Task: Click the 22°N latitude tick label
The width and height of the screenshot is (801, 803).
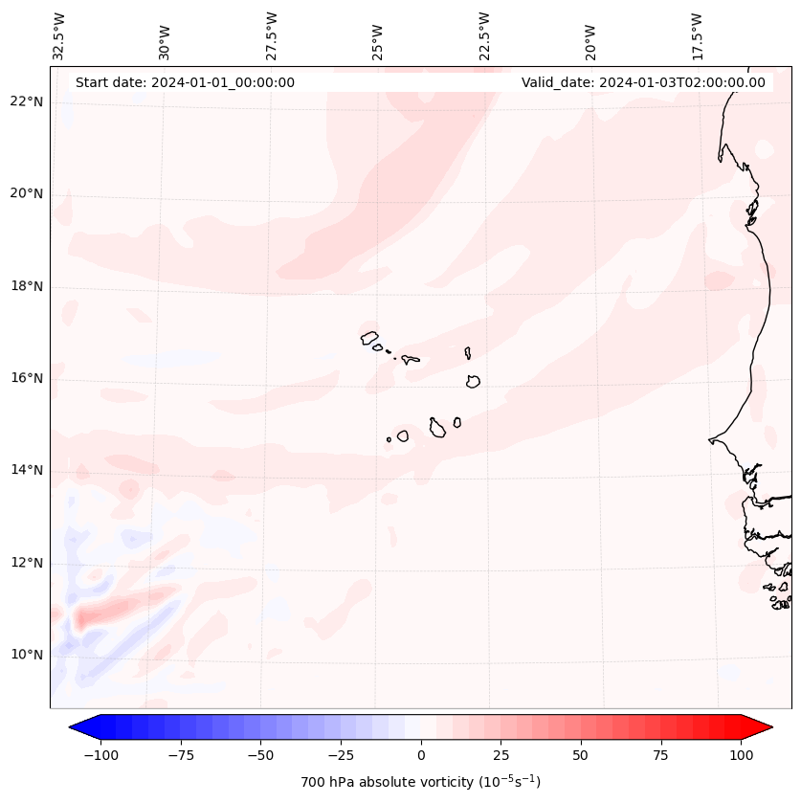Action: click(x=27, y=102)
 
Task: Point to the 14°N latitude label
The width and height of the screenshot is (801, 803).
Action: click(x=27, y=470)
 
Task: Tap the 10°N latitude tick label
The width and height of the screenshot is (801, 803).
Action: click(x=27, y=655)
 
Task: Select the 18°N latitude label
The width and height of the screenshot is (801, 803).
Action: click(x=27, y=286)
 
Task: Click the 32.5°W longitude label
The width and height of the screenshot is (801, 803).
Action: click(x=59, y=35)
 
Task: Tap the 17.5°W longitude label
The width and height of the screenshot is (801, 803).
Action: click(x=697, y=35)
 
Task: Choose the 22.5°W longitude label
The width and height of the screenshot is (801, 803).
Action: click(x=484, y=35)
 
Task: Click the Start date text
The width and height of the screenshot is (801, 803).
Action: click(x=185, y=82)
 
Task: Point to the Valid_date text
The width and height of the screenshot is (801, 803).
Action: click(x=643, y=82)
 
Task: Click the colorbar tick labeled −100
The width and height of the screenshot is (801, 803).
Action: click(x=100, y=755)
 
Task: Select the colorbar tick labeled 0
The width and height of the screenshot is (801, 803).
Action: click(x=421, y=755)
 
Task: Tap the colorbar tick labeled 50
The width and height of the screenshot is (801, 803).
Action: click(x=581, y=755)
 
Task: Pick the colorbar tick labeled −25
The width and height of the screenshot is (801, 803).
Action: click(x=341, y=755)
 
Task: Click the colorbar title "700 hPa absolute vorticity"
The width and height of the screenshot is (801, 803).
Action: click(x=421, y=782)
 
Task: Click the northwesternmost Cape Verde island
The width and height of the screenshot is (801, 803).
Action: click(x=369, y=337)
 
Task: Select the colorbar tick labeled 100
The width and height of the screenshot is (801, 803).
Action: click(x=741, y=755)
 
